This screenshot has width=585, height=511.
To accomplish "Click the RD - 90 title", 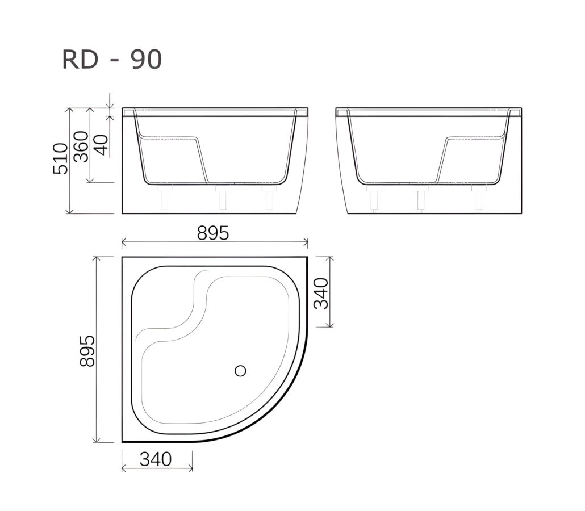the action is (x=112, y=59).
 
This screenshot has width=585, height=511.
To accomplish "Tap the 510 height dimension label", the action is (x=60, y=158).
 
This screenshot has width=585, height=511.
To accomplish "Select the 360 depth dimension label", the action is (x=81, y=146).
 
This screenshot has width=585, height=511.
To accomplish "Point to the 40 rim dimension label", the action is (x=101, y=145).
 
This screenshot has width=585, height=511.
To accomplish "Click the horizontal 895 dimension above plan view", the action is (x=213, y=233).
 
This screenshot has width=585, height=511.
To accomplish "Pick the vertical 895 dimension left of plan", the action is (x=87, y=351).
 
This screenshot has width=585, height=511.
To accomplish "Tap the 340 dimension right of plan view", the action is (x=321, y=294).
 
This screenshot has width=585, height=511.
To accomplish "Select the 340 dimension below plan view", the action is (x=156, y=459).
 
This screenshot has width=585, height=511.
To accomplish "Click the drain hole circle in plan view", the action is (x=240, y=371).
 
